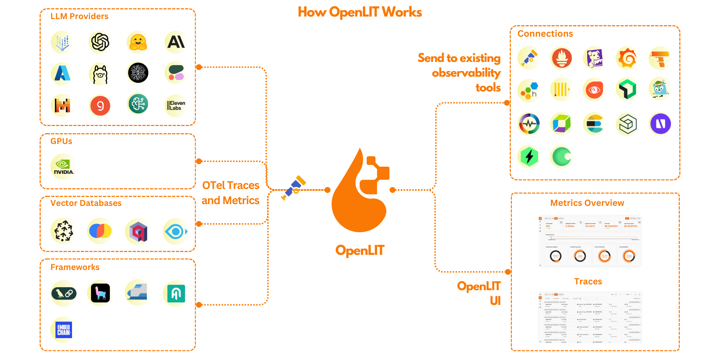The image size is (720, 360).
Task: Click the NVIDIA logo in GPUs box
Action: [x=63, y=167]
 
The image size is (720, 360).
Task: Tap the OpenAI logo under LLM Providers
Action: [x=100, y=42]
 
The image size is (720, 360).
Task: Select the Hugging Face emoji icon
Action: [x=138, y=42]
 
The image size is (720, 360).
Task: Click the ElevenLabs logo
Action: [x=176, y=105]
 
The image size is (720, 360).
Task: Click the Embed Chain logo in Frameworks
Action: [x=64, y=330]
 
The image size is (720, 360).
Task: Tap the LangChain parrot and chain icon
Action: [x=64, y=293]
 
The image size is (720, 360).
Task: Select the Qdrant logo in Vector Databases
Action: [x=138, y=231]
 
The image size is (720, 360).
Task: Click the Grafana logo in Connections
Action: [x=627, y=58]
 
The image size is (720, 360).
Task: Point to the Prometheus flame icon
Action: [x=562, y=58]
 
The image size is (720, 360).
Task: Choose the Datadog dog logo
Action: [x=594, y=58]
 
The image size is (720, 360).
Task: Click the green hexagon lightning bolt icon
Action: [x=529, y=157]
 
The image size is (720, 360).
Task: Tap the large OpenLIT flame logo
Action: [x=360, y=191]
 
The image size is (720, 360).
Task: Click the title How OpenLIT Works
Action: [x=360, y=12]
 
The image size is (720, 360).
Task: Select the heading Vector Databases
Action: [x=86, y=203]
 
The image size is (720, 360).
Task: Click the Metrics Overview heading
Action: [x=587, y=203]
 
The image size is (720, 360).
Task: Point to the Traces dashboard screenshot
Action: [x=590, y=317]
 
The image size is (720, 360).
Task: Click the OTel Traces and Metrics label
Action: [x=230, y=193]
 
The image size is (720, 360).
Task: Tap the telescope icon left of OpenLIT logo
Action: [x=294, y=188]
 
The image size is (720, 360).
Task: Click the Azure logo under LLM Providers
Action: [x=62, y=73]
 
